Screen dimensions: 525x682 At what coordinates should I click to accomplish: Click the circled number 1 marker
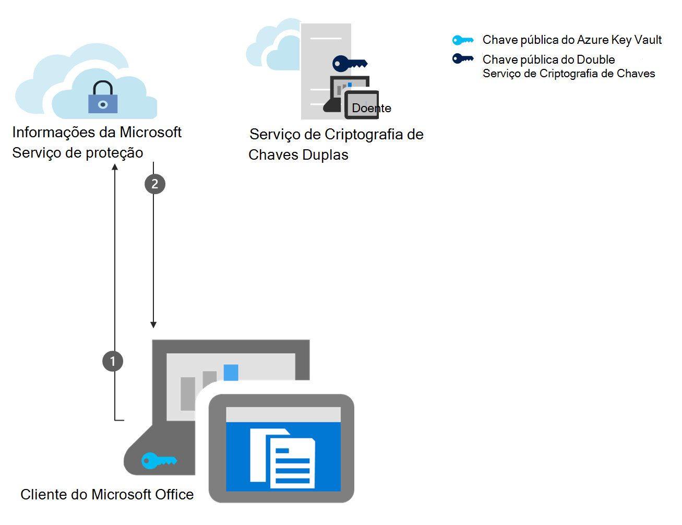coord(113,361)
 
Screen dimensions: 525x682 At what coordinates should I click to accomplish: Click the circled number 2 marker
coord(154,184)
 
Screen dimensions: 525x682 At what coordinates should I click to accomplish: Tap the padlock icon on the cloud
coord(103,98)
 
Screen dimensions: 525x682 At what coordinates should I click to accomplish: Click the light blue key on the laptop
coord(159,461)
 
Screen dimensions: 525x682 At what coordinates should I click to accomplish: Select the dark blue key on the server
coord(349,64)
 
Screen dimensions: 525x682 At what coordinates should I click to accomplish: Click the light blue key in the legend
coord(463,40)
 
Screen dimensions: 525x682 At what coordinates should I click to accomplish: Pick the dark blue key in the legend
coord(463,58)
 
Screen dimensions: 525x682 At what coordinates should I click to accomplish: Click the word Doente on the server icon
coord(371,108)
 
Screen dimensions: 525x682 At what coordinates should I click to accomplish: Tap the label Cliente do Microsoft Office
coord(107,494)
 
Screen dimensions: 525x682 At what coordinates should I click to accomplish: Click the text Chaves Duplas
coord(298,155)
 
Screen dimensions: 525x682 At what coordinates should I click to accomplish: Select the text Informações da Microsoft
coord(97,132)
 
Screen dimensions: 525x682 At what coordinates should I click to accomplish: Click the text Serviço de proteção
coord(77,153)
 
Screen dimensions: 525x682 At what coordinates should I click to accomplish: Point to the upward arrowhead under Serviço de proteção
coord(115,167)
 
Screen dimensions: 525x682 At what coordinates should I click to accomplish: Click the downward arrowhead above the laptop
coord(153,325)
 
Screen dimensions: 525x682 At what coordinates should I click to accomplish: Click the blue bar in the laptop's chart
coord(231,372)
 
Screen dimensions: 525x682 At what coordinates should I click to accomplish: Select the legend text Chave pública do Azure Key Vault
coord(571,40)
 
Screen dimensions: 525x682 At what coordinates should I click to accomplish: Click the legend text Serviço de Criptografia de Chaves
coord(568,74)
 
